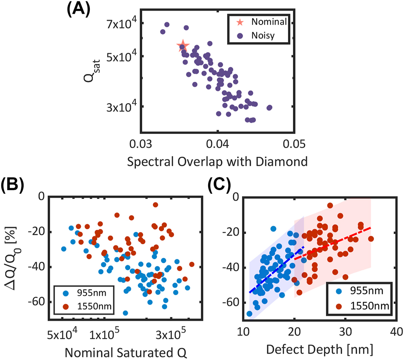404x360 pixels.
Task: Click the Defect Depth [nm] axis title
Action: tap(320, 351)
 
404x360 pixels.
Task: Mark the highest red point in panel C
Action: tap(330, 206)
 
